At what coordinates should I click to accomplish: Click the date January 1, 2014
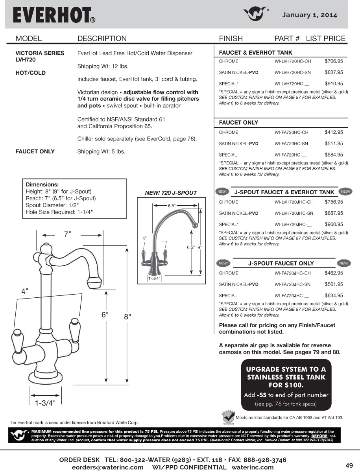pos(310,15)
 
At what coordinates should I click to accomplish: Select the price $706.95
pos(334,61)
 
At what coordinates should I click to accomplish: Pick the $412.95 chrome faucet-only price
pos(334,133)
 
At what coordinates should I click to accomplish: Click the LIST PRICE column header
pos(325,39)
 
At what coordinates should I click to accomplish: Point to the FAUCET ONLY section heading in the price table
pos(238,123)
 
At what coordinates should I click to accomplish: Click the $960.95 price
pos(334,225)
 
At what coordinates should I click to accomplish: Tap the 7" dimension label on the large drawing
pos(68,234)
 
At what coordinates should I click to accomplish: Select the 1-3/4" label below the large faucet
pos(45,403)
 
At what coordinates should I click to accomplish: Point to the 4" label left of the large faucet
pos(25,291)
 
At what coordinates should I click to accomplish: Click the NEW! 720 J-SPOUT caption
pos(171,193)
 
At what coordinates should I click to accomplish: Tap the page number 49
pos(349,465)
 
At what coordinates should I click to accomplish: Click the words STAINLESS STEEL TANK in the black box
pos(286,377)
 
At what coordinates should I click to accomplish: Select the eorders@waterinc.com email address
pos(108,467)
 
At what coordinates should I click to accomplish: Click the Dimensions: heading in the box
pos(42,184)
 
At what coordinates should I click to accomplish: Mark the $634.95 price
pos(334,295)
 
